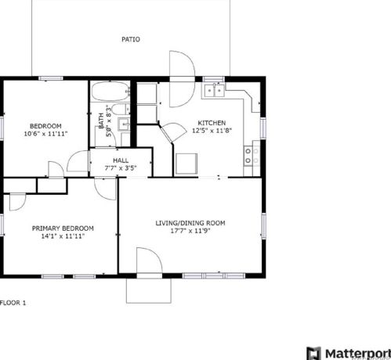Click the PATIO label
point(131,39)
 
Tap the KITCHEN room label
point(212,123)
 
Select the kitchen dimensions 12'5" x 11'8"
point(212,131)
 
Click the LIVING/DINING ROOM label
point(190,223)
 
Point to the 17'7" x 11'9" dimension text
point(190,231)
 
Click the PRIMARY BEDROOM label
point(63,229)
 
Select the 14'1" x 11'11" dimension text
point(63,236)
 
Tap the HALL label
point(121,160)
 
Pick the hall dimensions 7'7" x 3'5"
point(121,168)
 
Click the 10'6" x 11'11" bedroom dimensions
point(45,134)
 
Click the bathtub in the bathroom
point(110,92)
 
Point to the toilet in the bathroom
point(121,109)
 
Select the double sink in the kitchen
point(215,90)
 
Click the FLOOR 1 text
point(13,303)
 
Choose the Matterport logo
point(349,354)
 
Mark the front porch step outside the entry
point(149,290)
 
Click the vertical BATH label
point(101,121)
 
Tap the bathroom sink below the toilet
point(124,124)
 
